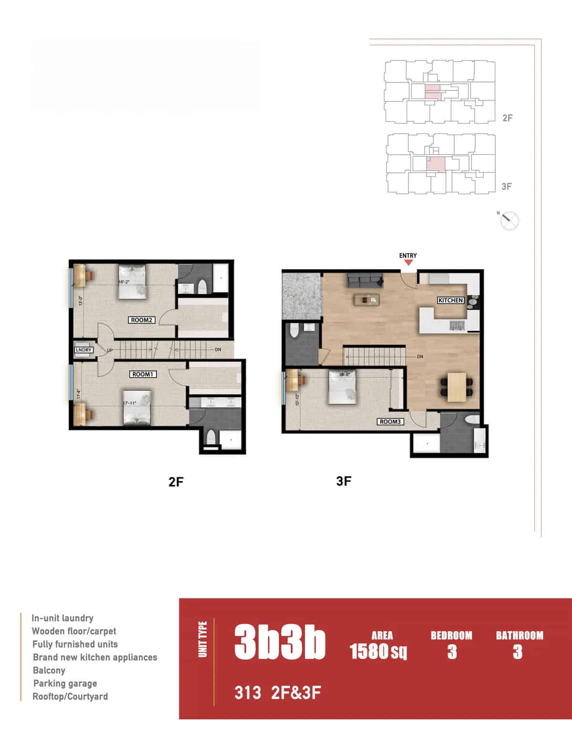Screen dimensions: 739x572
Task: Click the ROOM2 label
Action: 142,320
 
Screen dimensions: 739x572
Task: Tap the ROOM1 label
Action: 143,374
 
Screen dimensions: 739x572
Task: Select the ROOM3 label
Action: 391,421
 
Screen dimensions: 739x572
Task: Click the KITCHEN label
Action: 450,300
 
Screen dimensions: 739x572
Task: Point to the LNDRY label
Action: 83,350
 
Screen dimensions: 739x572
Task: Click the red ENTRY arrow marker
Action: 408,262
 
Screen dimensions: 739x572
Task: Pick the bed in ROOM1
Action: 137,407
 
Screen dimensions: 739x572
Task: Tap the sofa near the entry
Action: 365,280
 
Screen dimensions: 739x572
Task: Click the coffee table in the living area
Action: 367,300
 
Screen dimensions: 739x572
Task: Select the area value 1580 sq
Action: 378,651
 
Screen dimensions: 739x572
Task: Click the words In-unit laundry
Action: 62,618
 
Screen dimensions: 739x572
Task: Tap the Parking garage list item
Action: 65,683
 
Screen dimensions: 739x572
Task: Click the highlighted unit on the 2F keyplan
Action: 433,92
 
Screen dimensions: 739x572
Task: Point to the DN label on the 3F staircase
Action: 420,357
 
